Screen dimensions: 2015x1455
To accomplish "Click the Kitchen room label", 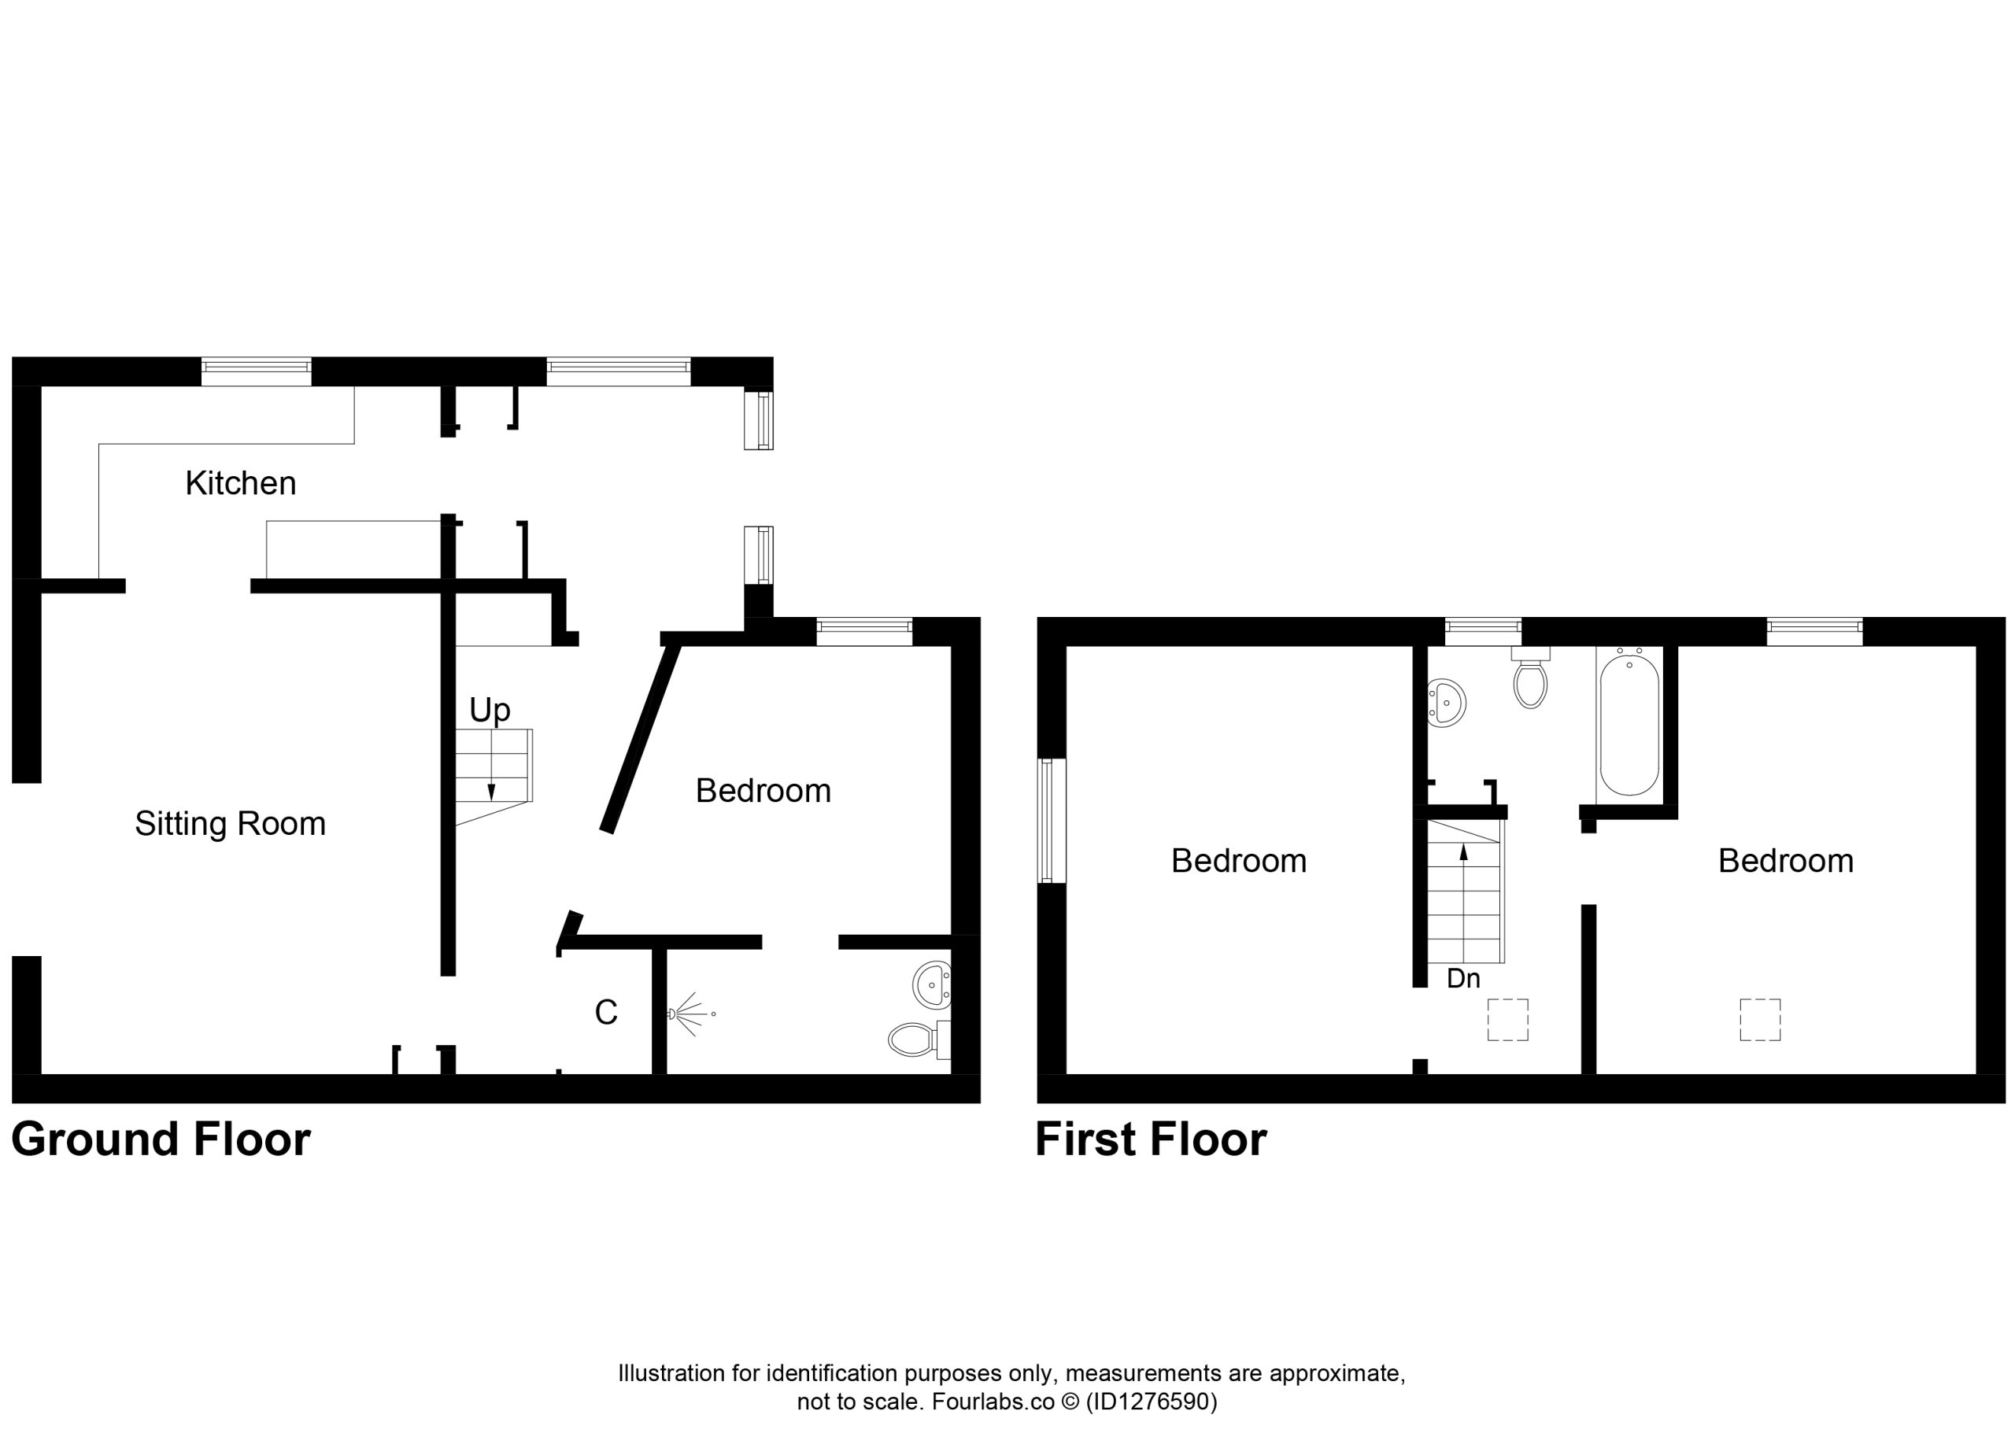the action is [x=240, y=483].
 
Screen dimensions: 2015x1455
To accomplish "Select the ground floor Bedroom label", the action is [x=763, y=791].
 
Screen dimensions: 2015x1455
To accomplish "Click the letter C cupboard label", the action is [x=606, y=1012].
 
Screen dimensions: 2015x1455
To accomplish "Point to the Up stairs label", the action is [x=490, y=711].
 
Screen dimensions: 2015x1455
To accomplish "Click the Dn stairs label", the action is [x=1463, y=978].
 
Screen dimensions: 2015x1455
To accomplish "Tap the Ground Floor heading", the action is [x=161, y=1139].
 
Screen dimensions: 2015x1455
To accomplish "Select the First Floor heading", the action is [x=1151, y=1139].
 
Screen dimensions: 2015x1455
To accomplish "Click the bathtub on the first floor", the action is [x=1629, y=720].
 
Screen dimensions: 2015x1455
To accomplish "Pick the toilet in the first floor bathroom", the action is [x=1530, y=678].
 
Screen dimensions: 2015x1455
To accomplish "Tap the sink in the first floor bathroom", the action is [x=1445, y=703].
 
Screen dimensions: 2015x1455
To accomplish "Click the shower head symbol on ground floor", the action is [x=690, y=1014].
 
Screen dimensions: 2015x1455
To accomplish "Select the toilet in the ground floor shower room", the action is [x=919, y=1040].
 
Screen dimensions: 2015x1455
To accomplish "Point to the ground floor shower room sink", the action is [x=932, y=985].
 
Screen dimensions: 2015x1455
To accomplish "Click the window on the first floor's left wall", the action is [x=1052, y=821].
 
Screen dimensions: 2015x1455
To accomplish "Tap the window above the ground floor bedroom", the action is [x=863, y=632].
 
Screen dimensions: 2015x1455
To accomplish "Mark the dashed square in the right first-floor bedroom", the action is [x=1760, y=1020].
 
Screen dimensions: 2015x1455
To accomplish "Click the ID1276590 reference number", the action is [x=1152, y=1401].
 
